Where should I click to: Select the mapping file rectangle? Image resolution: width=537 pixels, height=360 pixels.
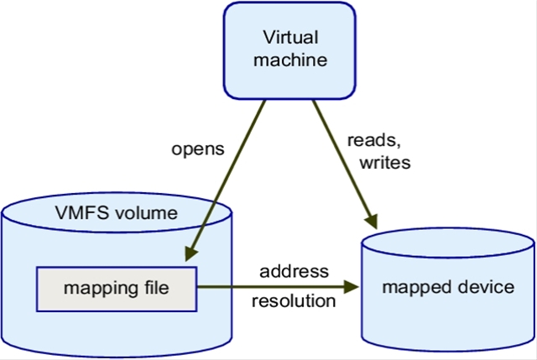(116, 289)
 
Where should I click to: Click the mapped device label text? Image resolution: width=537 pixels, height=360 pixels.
(447, 288)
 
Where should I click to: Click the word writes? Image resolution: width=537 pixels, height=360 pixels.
(382, 162)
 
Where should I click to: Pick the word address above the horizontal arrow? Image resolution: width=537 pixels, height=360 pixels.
(293, 272)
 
